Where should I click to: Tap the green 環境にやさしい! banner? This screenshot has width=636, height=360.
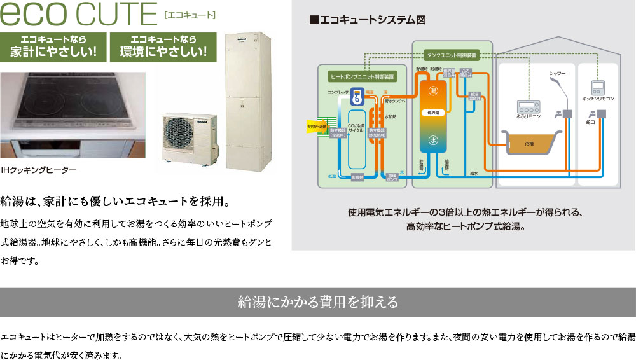(x=163, y=45)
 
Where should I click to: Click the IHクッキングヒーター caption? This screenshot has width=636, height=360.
(x=39, y=170)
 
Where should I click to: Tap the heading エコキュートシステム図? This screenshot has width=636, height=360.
(x=363, y=20)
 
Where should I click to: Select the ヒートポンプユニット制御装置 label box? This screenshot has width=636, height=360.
(x=362, y=76)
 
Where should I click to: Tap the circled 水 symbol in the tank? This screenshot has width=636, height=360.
(x=433, y=140)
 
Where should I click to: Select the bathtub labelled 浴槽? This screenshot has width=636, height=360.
(x=529, y=143)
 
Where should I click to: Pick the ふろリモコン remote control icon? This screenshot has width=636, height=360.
(x=528, y=106)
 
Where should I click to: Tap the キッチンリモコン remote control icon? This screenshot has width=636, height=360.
(x=597, y=87)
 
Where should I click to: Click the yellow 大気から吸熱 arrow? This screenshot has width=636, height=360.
(x=316, y=126)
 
